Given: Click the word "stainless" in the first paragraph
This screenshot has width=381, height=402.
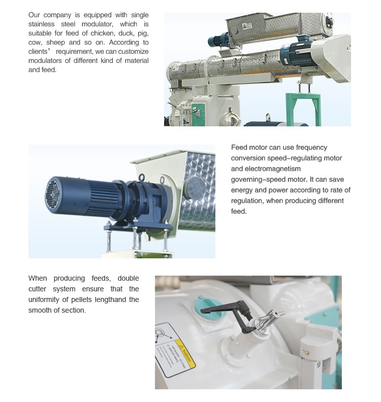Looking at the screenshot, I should coord(42,24).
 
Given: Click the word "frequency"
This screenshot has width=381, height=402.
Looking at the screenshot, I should coord(310,147).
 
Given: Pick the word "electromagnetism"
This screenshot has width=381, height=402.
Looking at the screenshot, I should coord(266,169).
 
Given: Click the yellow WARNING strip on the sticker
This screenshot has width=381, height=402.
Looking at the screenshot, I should coord(185,355).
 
